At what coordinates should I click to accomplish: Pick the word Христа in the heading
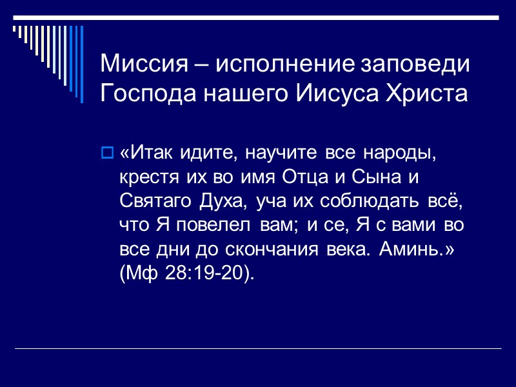click(424, 95)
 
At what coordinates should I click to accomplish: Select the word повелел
click(214, 226)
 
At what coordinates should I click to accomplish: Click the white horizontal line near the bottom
click(258, 348)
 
